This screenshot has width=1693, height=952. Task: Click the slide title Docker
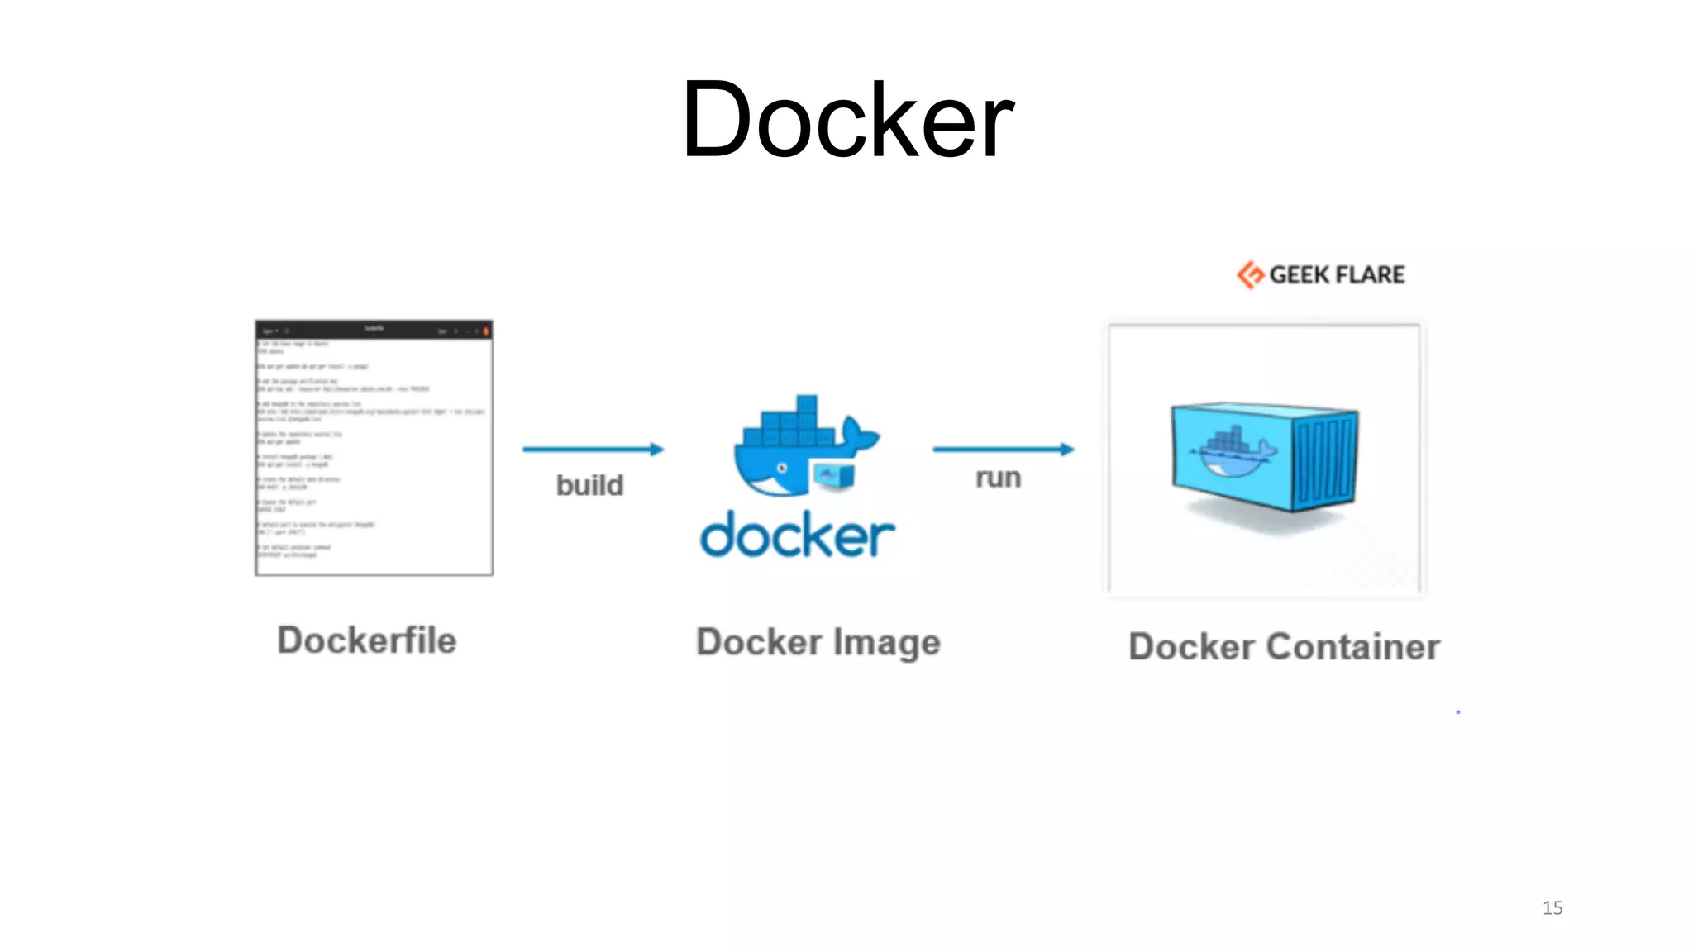pyautogui.click(x=846, y=121)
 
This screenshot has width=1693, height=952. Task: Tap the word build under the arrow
pyautogui.click(x=589, y=485)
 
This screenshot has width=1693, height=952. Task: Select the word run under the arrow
pyautogui.click(x=998, y=478)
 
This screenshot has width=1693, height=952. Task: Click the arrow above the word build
pyautogui.click(x=593, y=449)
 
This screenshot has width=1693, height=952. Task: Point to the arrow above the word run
pyautogui.click(x=1003, y=449)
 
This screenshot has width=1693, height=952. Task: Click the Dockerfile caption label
pyautogui.click(x=366, y=640)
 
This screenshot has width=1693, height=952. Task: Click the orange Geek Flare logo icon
pyautogui.click(x=1250, y=274)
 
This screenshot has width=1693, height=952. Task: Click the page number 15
pyautogui.click(x=1552, y=907)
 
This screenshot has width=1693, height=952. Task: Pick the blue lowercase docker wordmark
pyautogui.click(x=797, y=535)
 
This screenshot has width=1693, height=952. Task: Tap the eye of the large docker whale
pyautogui.click(x=782, y=469)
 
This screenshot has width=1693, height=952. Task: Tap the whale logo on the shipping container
pyautogui.click(x=1232, y=451)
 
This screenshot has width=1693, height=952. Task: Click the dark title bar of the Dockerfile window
pyautogui.click(x=374, y=330)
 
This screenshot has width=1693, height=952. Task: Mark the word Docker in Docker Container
pyautogui.click(x=1191, y=646)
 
